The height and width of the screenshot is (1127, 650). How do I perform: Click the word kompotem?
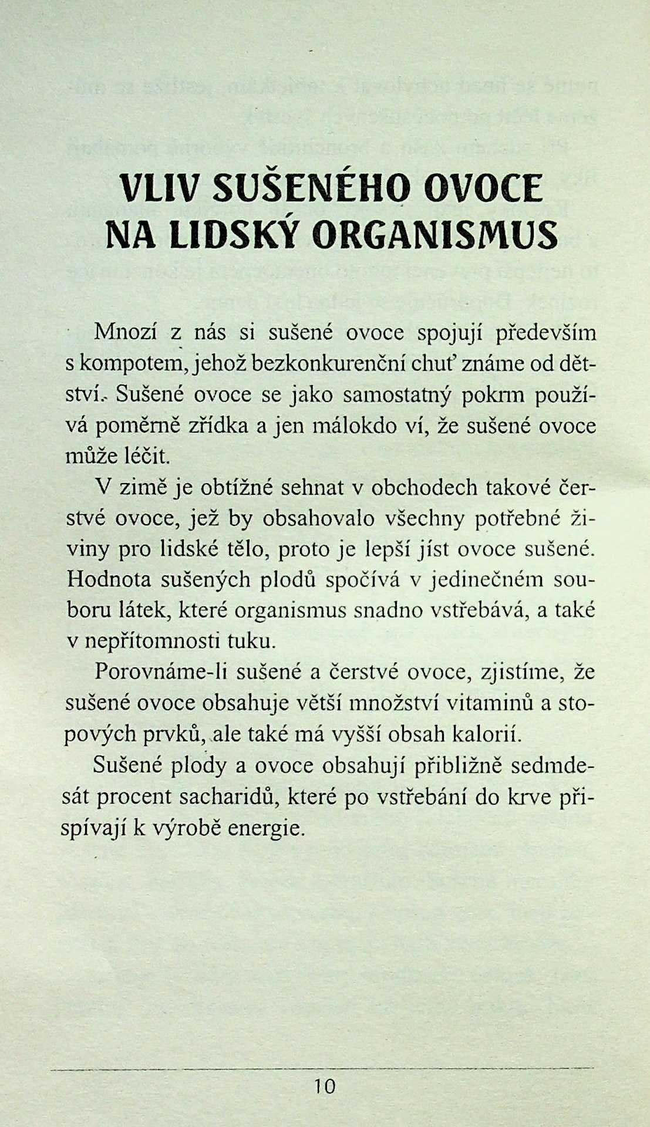point(133,364)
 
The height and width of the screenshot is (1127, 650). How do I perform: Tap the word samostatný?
point(397,394)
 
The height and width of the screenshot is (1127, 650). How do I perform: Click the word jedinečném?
point(497,579)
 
